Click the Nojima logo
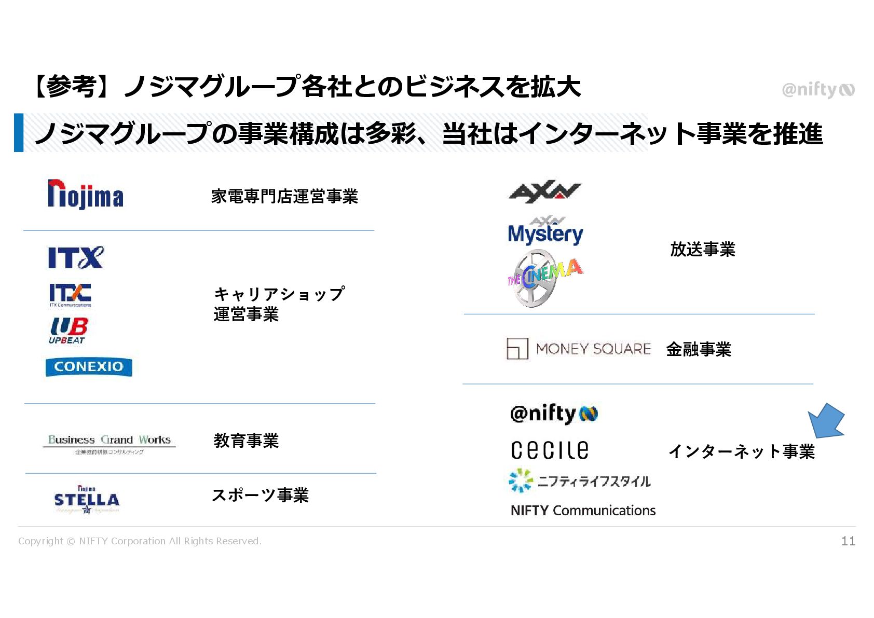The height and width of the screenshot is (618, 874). (86, 195)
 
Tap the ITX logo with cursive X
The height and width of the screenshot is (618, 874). (76, 257)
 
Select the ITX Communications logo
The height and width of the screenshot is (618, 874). (70, 295)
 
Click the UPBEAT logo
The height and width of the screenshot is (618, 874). (69, 331)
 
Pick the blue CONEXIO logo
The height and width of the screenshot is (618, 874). (89, 367)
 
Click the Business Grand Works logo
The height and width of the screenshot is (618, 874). (109, 443)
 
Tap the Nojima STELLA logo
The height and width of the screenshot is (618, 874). (87, 500)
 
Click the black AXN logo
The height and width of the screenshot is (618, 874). (544, 192)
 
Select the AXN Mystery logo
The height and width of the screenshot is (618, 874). (545, 231)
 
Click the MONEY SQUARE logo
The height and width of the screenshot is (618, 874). (579, 349)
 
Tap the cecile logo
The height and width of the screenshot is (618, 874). (550, 450)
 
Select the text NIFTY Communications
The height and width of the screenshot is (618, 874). (583, 511)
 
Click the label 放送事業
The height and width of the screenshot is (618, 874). (703, 250)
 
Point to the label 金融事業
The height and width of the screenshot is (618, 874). (699, 349)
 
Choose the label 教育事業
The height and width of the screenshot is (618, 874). (246, 441)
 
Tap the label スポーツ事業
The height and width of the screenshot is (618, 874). (260, 495)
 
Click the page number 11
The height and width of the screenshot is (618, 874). (848, 541)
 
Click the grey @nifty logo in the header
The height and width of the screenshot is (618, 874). (818, 90)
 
